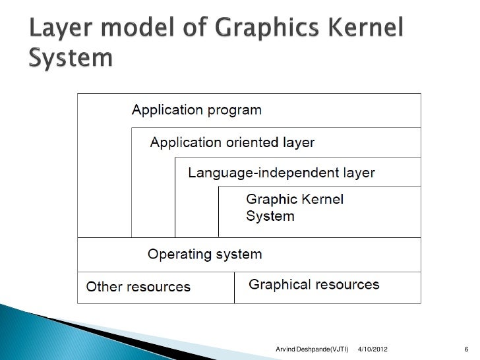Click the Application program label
197,109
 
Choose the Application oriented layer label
233,142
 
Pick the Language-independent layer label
282,173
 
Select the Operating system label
204,254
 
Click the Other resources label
138,287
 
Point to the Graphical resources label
314,285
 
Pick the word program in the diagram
233,110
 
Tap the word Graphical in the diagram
278,285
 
